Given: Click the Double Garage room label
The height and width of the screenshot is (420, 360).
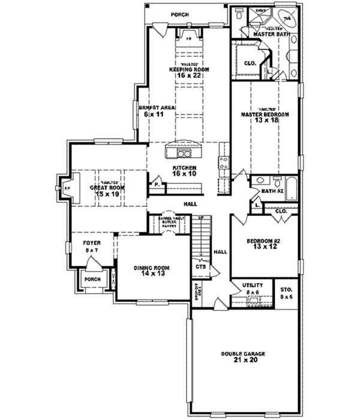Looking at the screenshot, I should [242, 354].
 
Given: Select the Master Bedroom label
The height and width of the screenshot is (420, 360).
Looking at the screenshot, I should [265, 114].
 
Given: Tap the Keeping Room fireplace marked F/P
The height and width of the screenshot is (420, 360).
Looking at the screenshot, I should [188, 38].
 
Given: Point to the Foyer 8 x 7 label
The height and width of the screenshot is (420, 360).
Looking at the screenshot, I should [92, 245].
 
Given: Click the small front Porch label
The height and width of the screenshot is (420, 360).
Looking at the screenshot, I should [92, 280].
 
